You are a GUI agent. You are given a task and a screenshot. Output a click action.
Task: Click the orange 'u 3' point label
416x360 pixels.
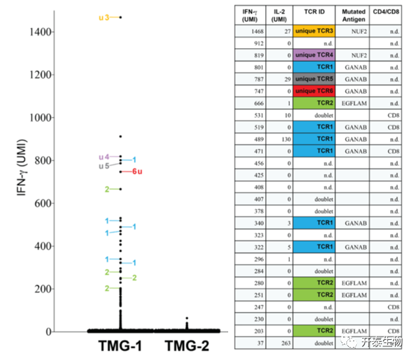[x=104, y=18]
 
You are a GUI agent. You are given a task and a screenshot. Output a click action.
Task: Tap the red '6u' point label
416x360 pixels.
[x=138, y=172]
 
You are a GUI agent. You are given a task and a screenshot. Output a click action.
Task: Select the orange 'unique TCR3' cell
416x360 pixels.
[x=314, y=31]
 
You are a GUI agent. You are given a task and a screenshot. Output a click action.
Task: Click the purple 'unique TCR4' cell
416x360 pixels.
[x=314, y=55]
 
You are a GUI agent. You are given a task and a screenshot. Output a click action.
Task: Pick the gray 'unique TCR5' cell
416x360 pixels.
[x=314, y=80]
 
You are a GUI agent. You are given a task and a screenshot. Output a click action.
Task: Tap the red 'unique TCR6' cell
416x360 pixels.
[x=314, y=92]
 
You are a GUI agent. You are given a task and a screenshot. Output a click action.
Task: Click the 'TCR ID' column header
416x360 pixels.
[x=314, y=14]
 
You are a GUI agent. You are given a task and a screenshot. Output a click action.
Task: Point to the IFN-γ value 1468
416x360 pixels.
[x=251, y=31]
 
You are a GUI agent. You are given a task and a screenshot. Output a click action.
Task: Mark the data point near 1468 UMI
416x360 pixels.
[x=120, y=18]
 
